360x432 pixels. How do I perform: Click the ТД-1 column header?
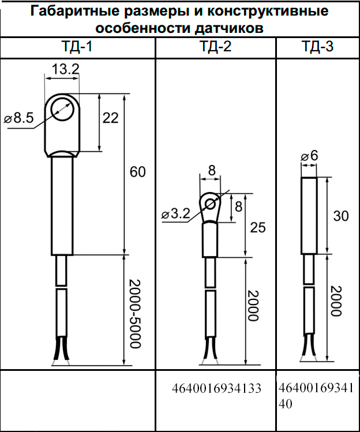click(77, 47)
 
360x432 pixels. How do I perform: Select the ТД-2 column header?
click(216, 47)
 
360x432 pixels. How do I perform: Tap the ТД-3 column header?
click(317, 47)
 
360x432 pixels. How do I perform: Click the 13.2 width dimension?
click(66, 69)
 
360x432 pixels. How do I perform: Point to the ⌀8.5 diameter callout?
click(18, 118)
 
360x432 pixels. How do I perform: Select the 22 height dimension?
click(111, 118)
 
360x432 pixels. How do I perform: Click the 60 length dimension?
click(137, 172)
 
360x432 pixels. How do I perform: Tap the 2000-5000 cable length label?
click(135, 314)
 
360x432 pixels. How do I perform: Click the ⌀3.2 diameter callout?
click(176, 213)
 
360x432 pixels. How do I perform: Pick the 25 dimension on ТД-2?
click(258, 228)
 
